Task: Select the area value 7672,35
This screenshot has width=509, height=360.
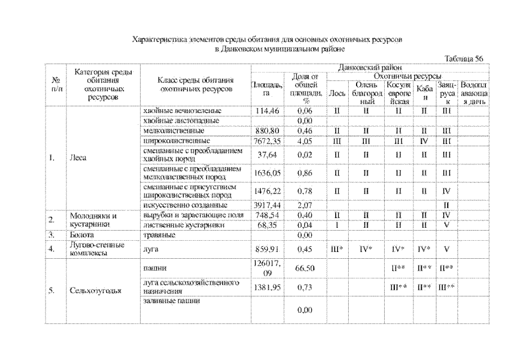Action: click(267, 140)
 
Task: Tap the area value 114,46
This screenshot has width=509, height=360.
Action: click(267, 110)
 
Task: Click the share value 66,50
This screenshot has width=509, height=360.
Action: click(304, 269)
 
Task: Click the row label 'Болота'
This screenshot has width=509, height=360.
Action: click(79, 234)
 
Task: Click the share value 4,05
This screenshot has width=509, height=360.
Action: click(304, 140)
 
